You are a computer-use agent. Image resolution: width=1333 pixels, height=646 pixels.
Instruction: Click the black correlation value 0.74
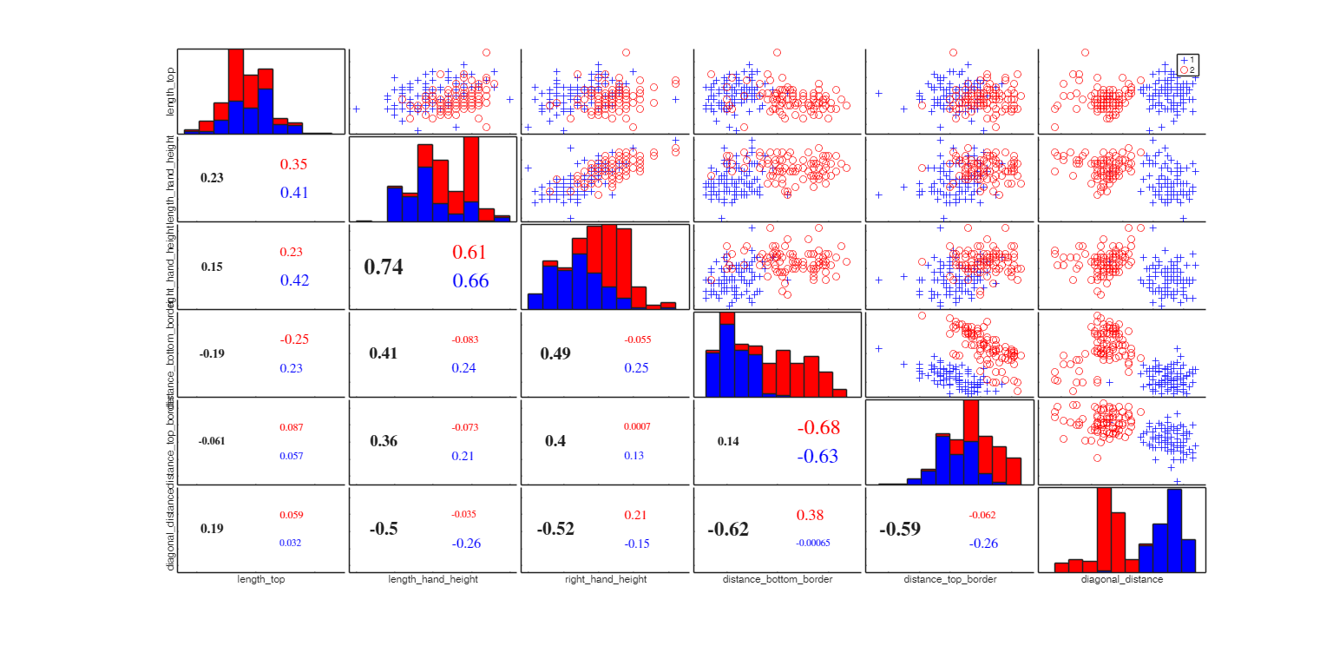(384, 267)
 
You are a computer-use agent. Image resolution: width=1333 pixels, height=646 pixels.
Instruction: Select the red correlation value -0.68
(818, 427)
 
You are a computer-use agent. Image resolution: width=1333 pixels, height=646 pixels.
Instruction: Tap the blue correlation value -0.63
(818, 456)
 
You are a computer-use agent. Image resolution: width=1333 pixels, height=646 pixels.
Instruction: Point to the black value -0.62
(728, 530)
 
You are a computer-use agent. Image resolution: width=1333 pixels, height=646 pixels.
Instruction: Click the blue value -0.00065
(812, 544)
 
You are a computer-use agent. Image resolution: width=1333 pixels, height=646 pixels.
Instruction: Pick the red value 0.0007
(636, 426)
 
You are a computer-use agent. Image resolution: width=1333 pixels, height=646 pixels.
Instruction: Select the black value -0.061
(211, 441)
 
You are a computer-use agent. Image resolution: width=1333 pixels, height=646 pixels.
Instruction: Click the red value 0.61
(470, 252)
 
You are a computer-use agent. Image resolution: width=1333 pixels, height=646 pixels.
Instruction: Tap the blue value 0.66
(470, 280)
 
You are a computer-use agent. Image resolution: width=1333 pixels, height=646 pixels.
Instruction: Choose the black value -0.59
(900, 530)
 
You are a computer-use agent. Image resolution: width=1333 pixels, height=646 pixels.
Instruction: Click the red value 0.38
(810, 515)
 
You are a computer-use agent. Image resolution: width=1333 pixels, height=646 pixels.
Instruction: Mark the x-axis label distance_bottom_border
(777, 579)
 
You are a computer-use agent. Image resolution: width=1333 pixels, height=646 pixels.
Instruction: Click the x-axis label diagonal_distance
(1121, 579)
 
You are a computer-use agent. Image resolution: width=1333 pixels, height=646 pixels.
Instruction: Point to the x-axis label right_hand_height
(605, 579)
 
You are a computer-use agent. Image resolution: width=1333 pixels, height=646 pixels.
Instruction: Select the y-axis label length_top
(171, 92)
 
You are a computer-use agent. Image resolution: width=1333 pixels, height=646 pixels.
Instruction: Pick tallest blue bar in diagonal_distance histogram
(1174, 530)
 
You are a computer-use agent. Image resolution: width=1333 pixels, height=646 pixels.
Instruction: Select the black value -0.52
(555, 530)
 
